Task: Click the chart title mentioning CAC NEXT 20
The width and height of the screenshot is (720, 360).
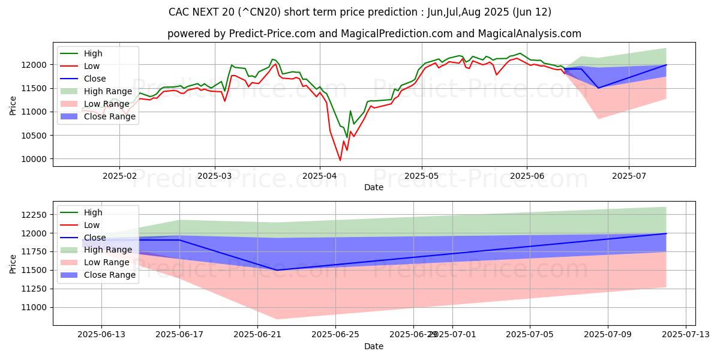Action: click(360, 12)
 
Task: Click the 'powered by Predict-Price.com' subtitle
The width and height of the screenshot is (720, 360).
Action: click(374, 34)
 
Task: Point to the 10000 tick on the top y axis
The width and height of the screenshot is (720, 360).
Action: click(37, 159)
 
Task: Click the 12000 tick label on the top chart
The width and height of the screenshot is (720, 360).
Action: click(37, 65)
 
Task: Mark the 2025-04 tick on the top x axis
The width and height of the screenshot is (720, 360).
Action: click(319, 176)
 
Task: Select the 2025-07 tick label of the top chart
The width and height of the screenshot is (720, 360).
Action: click(629, 176)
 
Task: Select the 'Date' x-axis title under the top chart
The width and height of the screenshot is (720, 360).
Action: click(374, 187)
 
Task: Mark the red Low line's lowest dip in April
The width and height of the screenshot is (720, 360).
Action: click(340, 160)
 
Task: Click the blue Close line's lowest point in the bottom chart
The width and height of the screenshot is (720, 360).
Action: click(277, 270)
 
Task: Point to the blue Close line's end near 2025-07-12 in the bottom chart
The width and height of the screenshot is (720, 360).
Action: click(666, 233)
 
